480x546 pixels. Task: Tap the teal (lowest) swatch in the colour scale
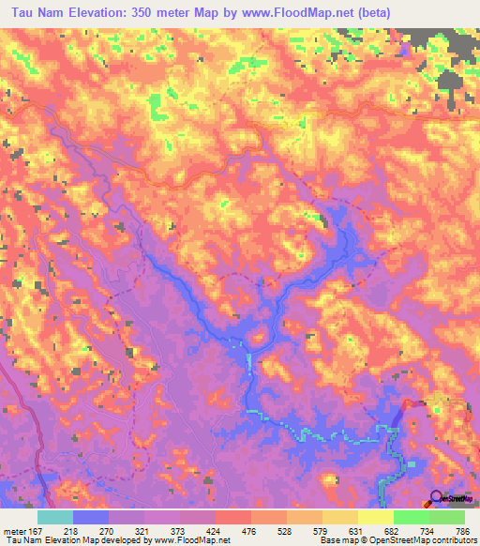point(55,517)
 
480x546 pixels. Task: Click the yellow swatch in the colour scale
point(376,517)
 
